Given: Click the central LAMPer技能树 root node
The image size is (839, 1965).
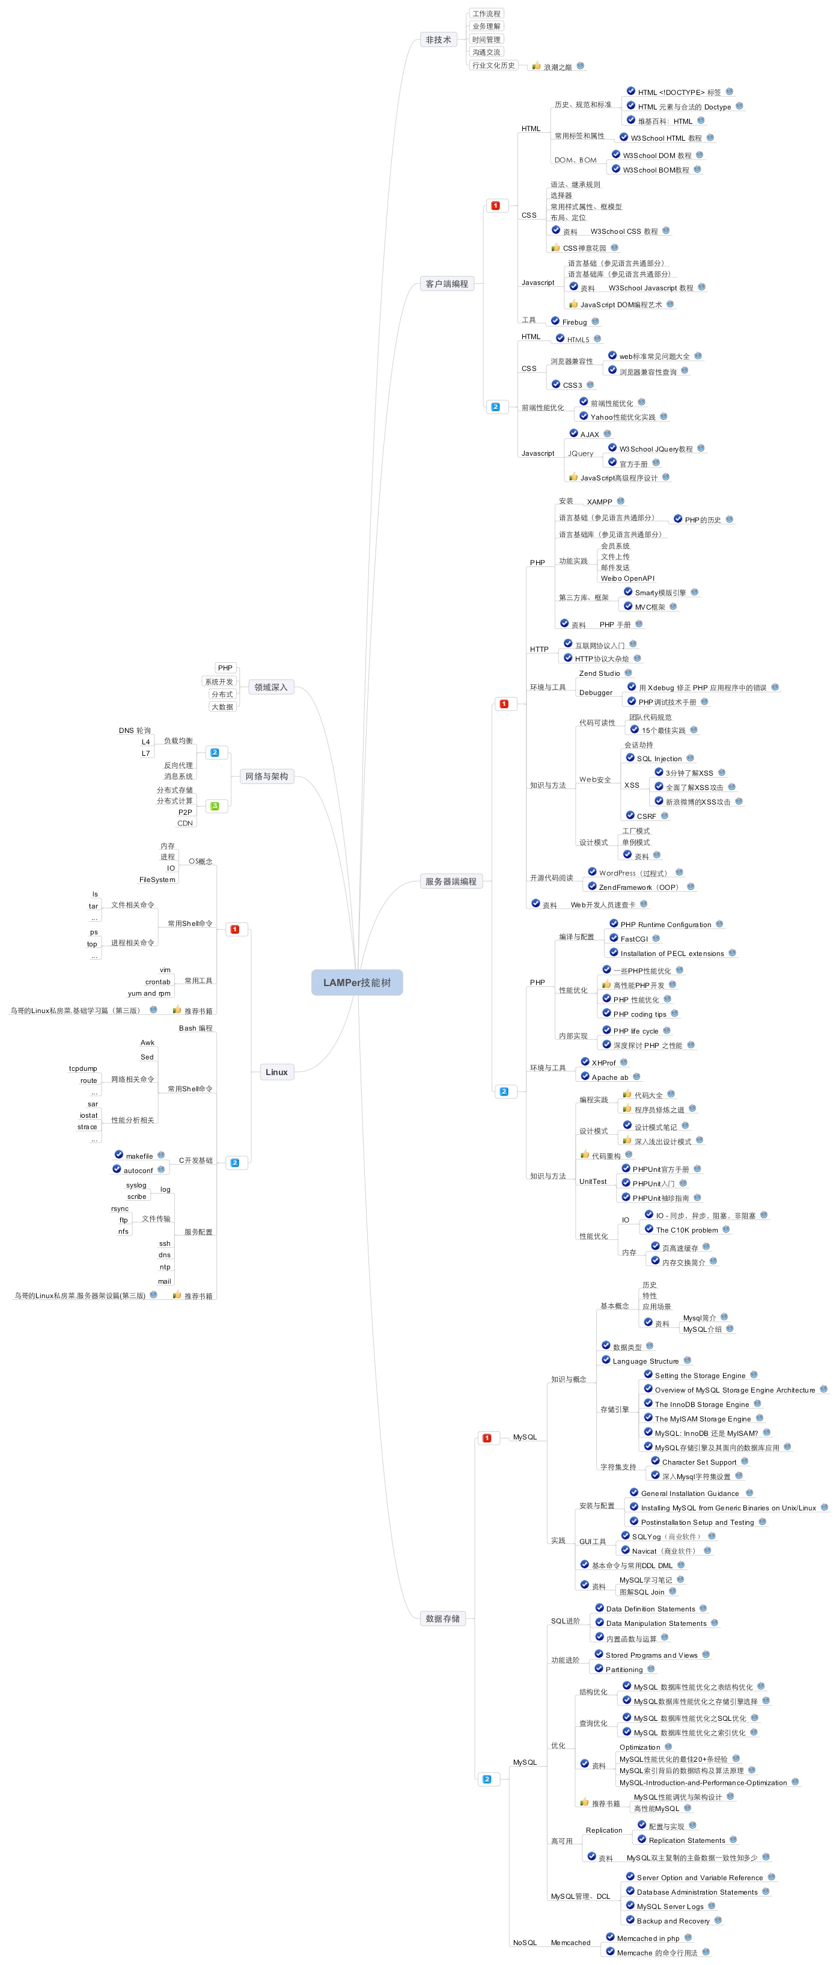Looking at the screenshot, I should click(356, 982).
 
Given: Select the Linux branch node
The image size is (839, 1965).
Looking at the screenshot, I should click(276, 1071).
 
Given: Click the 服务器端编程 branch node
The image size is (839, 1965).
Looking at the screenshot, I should click(450, 881).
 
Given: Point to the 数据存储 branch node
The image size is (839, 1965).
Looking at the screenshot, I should click(442, 1618).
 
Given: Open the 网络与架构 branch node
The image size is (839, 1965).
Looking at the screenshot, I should click(266, 776).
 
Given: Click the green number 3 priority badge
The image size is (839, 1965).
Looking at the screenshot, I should click(215, 806).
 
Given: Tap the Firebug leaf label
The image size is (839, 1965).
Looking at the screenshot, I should click(575, 322).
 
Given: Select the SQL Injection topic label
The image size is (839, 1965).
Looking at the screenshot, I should click(659, 758).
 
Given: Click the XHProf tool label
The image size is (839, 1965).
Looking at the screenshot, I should click(603, 1062).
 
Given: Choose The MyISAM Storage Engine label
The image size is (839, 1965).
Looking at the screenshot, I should click(703, 1419).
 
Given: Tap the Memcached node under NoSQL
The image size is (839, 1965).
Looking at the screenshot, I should click(570, 1942).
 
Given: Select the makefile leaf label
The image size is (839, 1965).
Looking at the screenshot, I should click(139, 1156).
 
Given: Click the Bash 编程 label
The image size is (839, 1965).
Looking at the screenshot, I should click(195, 1028).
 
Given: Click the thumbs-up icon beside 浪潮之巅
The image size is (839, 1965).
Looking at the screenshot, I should click(536, 66).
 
